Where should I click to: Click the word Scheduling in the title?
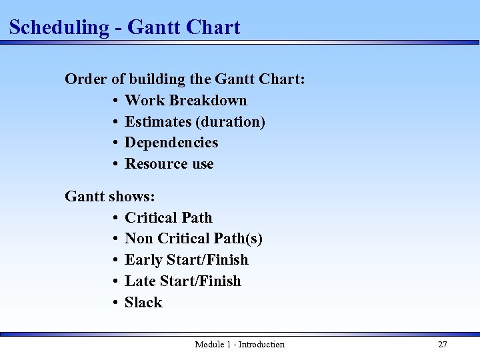pos(59,28)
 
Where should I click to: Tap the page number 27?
pos(442,345)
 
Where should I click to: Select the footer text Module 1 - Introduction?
pos(239,345)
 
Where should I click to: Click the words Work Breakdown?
pos(186,101)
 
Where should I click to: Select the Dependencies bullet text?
pos(171,143)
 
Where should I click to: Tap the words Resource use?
pos(169,164)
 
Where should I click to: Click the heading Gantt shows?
pos(110,197)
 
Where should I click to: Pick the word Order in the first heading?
pos(85,79)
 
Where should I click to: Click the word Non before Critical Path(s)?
pos(139,239)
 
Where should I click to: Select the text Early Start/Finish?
pos(187,260)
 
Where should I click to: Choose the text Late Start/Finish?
pos(183,281)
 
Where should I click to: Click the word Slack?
pos(143,303)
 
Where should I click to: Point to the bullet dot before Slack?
pos(115,303)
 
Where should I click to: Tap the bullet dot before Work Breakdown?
pos(115,101)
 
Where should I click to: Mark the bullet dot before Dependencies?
pos(115,143)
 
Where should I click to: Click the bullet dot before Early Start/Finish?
pos(115,260)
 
